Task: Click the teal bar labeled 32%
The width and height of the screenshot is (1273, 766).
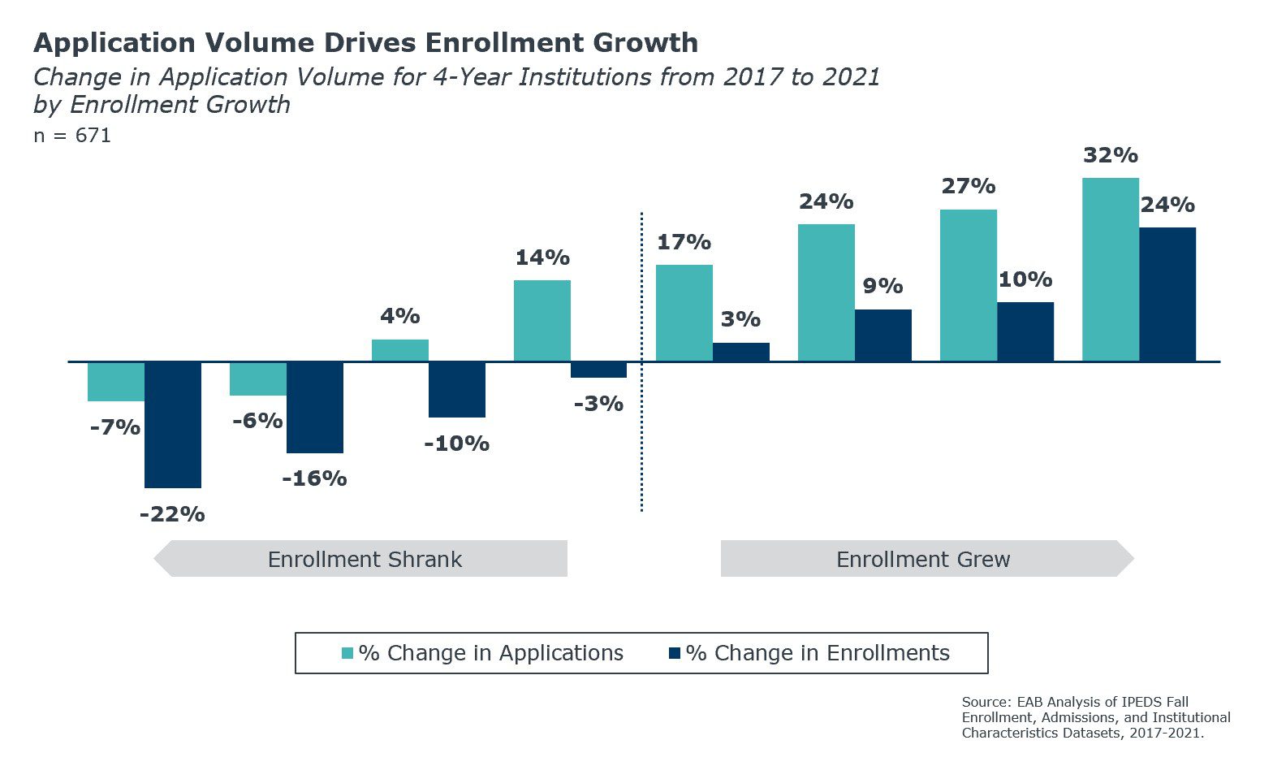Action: [x=1110, y=269]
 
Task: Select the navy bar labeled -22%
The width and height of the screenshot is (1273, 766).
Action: [x=173, y=424]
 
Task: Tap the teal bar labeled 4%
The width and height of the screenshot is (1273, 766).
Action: [x=399, y=350]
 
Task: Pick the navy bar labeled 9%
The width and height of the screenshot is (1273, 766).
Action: [x=882, y=335]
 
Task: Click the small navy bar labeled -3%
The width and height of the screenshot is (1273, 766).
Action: [x=598, y=370]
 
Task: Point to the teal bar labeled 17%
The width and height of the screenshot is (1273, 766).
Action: [x=684, y=313]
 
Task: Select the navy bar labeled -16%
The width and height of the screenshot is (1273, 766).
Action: [x=314, y=407]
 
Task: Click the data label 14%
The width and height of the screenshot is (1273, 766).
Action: [x=542, y=257]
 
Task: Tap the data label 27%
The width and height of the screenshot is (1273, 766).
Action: [x=968, y=186]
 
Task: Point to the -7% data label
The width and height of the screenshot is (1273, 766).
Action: [x=114, y=427]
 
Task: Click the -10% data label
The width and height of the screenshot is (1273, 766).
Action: [x=456, y=444]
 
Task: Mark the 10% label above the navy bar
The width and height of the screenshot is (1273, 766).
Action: [x=1025, y=279]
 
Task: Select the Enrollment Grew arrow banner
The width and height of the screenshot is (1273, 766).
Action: [x=924, y=559]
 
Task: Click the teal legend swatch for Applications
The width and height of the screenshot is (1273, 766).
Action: [x=347, y=653]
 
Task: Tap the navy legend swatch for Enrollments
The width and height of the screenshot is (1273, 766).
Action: [x=674, y=653]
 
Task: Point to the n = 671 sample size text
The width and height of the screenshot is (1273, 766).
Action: [x=72, y=136]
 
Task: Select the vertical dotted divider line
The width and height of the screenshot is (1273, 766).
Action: [x=641, y=361]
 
